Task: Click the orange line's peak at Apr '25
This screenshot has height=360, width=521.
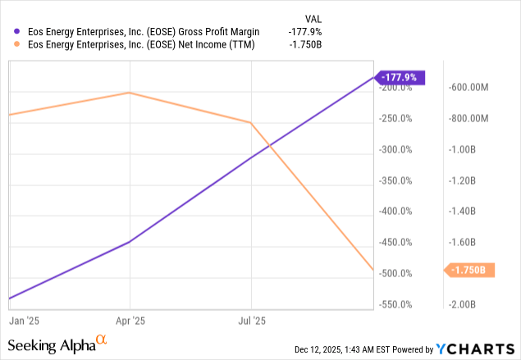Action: point(130,93)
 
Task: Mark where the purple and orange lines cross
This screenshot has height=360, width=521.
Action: point(268,145)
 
